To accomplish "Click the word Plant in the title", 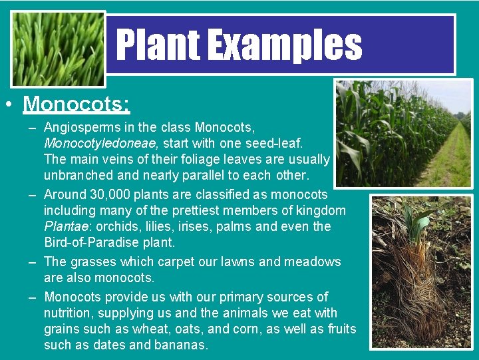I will point(158,45).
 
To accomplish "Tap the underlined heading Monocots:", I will point(77,104).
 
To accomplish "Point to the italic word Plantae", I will point(64,226).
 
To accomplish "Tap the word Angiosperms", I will point(82,127).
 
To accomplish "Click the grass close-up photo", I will point(58,49).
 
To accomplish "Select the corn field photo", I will point(402,133).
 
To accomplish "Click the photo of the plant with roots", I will point(420,271).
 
